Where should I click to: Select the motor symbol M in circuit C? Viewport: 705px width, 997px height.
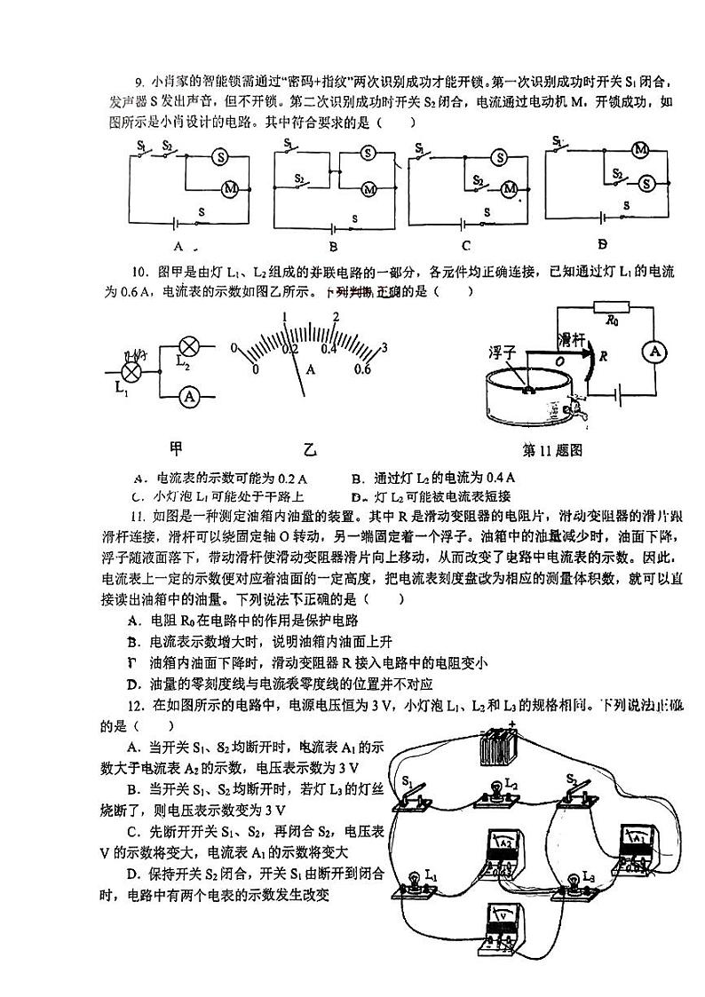click(x=510, y=188)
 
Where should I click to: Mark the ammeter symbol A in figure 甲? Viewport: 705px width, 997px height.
click(x=189, y=397)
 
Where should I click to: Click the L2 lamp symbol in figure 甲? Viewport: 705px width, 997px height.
click(x=189, y=347)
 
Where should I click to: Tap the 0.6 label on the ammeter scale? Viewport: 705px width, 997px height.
click(x=361, y=368)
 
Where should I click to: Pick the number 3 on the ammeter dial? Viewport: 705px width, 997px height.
click(x=384, y=347)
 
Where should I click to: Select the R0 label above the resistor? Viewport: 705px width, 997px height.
click(x=610, y=317)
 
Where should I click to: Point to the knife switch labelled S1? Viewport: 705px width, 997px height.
click(x=415, y=795)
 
